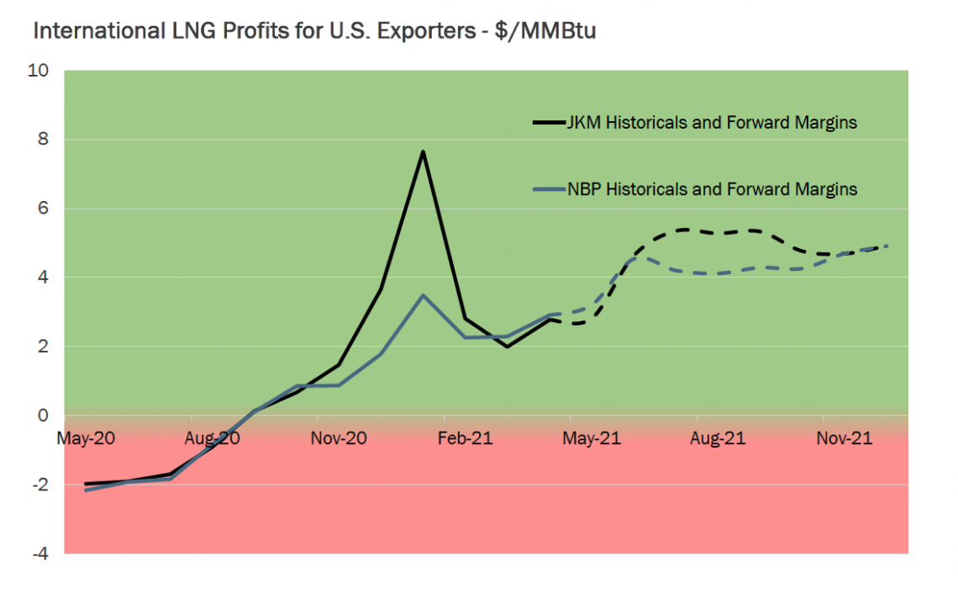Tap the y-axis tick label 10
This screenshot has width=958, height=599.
pos(39,71)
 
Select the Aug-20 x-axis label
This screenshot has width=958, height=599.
pos(213,438)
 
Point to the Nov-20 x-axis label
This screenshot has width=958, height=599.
pos(340,438)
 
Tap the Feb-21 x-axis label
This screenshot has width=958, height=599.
pos(466,438)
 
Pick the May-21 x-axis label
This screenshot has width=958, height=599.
pos(592,438)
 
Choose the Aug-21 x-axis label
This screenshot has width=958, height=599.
pos(718,438)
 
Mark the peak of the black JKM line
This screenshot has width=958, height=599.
pos(424,151)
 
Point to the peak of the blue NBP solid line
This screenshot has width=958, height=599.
pos(424,295)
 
